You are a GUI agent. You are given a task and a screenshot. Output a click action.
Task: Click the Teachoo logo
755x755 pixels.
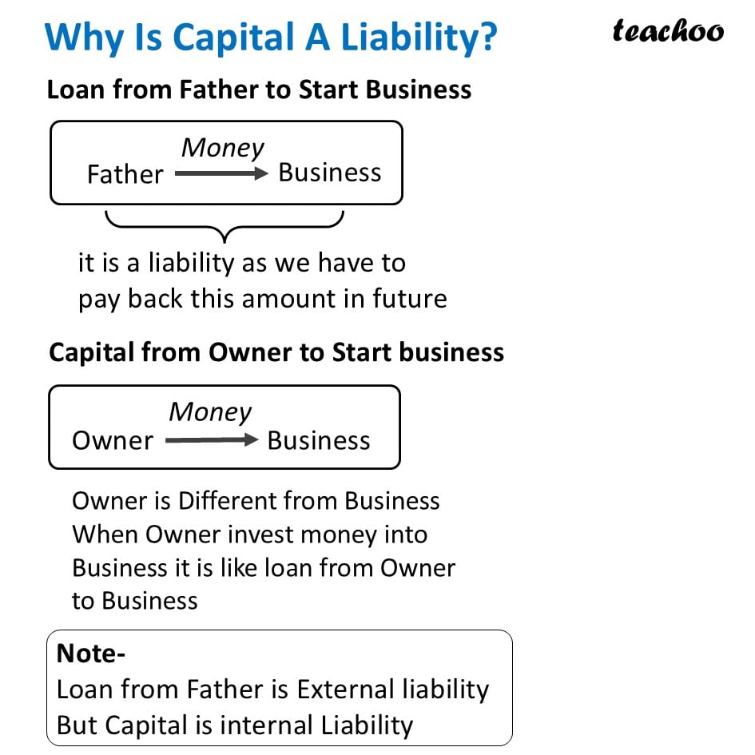click(668, 31)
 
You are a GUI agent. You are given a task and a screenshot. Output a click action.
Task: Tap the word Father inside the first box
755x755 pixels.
click(125, 174)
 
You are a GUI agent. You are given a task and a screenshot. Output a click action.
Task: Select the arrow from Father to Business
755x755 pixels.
click(221, 173)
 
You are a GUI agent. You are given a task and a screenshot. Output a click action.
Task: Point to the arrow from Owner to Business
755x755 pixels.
click(211, 440)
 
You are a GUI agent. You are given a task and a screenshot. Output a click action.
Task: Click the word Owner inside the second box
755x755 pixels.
click(113, 440)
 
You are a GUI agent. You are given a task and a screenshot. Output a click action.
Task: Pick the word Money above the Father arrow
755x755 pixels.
click(223, 148)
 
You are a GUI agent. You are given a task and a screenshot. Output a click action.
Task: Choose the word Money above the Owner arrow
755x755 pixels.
click(210, 412)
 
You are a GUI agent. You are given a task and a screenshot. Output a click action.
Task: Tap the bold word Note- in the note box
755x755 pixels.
click(91, 654)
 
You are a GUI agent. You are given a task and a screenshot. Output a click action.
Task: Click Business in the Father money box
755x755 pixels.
click(329, 173)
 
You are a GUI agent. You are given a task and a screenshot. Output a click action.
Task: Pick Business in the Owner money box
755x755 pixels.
click(318, 440)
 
